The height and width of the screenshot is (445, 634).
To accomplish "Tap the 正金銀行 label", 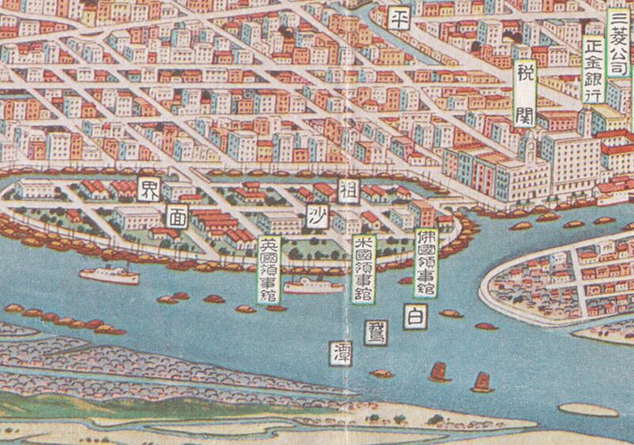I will coord(592,70).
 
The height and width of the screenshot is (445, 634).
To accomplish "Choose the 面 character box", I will coord(178,215).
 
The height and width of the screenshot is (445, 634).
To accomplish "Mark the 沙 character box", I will coord(315,214).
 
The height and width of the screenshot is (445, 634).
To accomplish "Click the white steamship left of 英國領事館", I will coord(109,274).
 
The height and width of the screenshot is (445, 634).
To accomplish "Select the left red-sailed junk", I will coord(437,371).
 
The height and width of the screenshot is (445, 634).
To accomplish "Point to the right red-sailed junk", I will coord(480,382).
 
